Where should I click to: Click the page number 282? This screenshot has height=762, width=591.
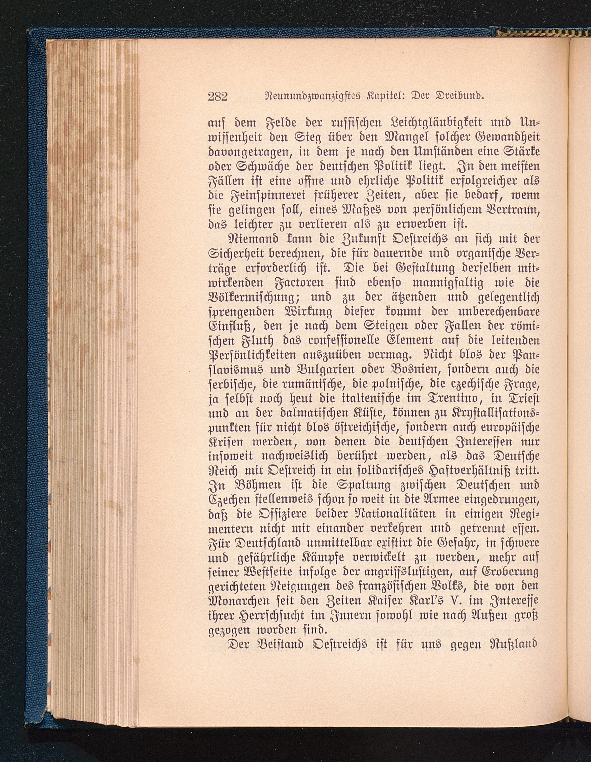(218, 96)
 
